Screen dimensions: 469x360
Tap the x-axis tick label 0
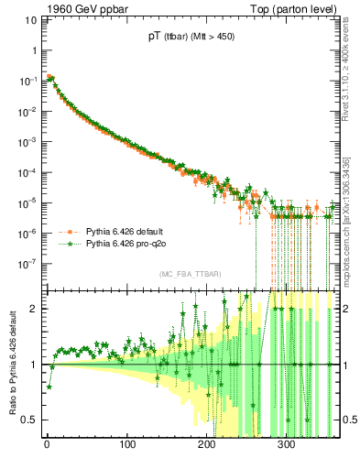47,447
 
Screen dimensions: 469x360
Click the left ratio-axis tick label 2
35,308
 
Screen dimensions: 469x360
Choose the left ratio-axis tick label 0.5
30,420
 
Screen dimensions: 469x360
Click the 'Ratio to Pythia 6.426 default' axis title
10,364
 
